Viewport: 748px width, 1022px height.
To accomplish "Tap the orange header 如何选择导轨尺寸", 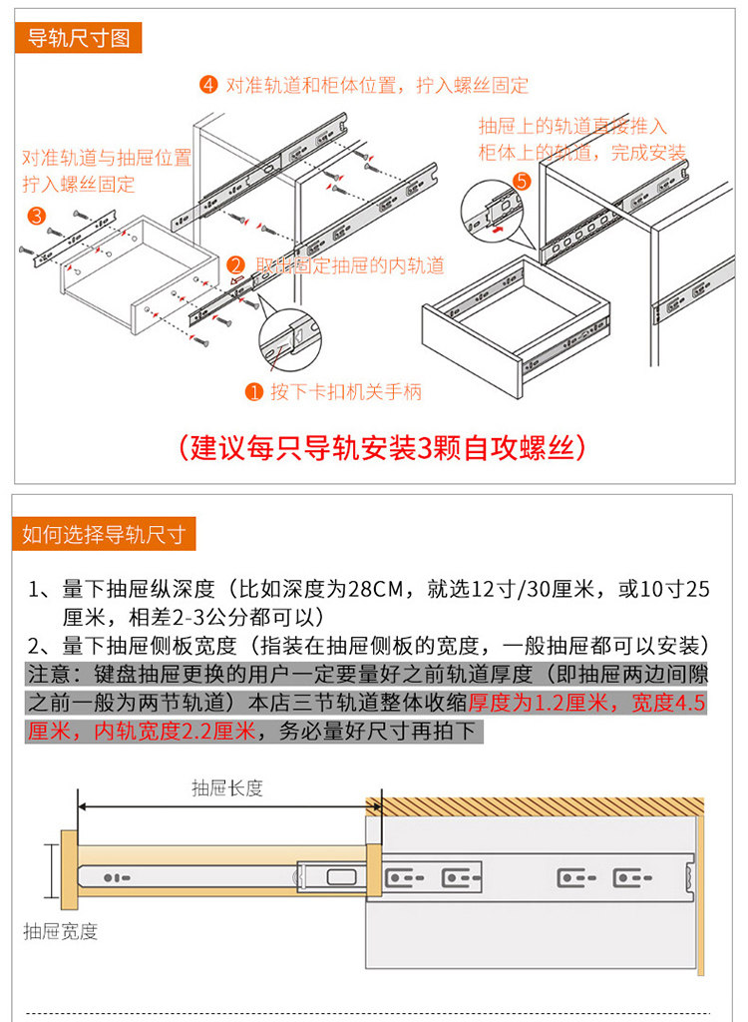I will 104,534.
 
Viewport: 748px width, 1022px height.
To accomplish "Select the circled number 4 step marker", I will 207,85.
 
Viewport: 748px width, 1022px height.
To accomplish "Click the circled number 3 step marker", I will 36,215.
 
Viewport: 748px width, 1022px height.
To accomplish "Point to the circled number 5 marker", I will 521,182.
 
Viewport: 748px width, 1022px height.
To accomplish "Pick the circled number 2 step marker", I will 236,265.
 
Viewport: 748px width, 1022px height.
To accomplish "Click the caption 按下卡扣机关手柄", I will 345,391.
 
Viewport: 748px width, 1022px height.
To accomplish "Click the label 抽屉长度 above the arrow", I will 227,787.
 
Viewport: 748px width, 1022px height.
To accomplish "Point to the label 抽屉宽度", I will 61,931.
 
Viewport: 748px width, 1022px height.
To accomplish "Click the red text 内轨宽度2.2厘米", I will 176,732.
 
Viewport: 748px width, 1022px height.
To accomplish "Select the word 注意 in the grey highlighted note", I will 46,673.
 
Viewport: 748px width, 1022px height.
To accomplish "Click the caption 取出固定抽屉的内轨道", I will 350,265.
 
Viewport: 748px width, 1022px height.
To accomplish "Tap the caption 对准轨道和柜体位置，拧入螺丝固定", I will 377,85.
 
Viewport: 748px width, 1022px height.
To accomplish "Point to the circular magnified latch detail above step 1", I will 291,338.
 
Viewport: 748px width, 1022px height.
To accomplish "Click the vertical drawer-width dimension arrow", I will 48,871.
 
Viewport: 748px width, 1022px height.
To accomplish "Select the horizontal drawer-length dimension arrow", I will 227,805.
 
